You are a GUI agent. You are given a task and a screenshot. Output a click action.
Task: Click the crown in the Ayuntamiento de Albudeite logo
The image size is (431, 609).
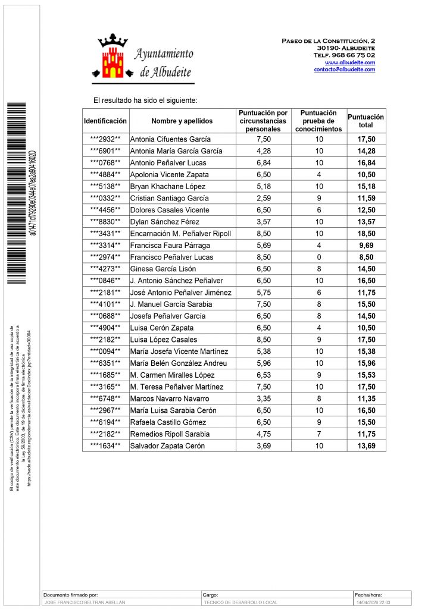(x=113, y=41)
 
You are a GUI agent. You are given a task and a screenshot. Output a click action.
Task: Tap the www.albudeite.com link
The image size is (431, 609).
(x=349, y=62)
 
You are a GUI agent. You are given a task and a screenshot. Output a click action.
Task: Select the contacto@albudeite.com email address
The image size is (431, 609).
(x=344, y=70)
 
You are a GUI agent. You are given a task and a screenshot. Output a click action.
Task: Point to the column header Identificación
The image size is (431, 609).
(x=105, y=121)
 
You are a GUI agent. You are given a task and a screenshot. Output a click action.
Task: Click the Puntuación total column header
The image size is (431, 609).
(x=366, y=121)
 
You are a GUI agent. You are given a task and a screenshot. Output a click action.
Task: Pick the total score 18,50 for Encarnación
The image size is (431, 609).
(x=366, y=233)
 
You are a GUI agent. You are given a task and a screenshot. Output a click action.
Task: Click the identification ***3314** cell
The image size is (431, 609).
(x=105, y=245)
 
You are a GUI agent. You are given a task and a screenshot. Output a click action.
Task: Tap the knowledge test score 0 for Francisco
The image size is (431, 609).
(x=318, y=257)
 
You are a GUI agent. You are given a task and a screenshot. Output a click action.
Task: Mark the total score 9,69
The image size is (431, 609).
(x=366, y=245)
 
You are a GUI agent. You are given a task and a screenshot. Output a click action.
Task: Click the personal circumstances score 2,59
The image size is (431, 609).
(x=263, y=198)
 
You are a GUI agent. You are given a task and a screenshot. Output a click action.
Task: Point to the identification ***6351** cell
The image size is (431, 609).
(x=105, y=363)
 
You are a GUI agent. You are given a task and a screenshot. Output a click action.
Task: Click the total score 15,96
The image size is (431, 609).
(x=366, y=363)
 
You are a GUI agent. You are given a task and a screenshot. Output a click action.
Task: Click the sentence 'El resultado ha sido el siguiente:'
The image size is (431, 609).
(x=145, y=101)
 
